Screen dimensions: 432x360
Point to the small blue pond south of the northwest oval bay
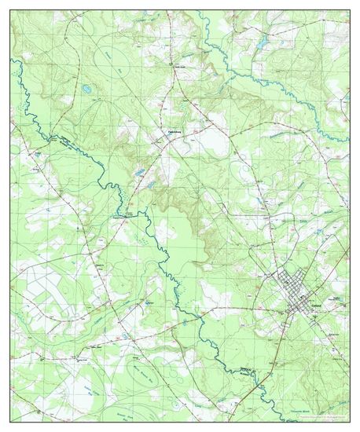pyautogui.click(x=86, y=90)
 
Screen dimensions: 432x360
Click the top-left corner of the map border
pyautogui.click(x=10, y=11)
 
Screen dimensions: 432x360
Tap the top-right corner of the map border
pyautogui.click(x=350, y=11)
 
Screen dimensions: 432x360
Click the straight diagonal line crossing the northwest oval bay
pyautogui.click(x=118, y=67)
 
